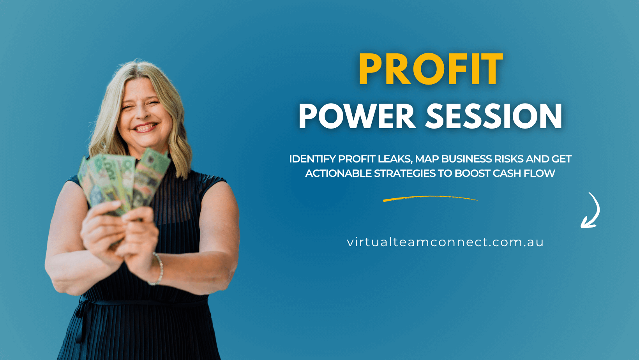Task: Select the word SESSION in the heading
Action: (494, 116)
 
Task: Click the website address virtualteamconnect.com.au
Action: (445, 242)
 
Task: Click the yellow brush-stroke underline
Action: (430, 199)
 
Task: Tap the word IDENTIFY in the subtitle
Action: (312, 159)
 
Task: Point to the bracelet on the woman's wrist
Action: (159, 269)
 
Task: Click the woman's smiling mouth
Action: (145, 127)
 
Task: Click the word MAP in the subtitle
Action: (427, 159)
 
